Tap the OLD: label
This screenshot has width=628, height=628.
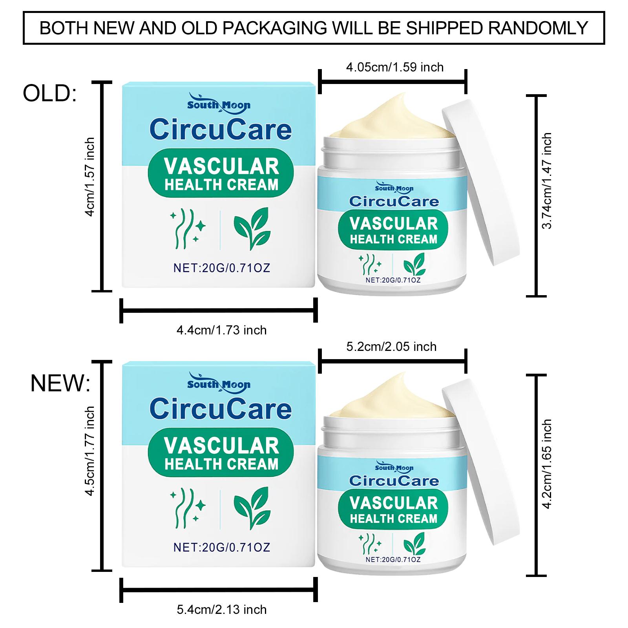pyautogui.click(x=50, y=94)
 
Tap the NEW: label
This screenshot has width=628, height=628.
pyautogui.click(x=60, y=383)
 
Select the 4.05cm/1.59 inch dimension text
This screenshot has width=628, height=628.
pyautogui.click(x=394, y=67)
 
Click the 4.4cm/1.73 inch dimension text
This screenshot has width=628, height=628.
pyautogui.click(x=221, y=330)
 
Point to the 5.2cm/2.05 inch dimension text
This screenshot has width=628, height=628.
pyautogui.click(x=391, y=347)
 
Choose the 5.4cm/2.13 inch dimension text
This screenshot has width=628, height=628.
pyautogui.click(x=221, y=610)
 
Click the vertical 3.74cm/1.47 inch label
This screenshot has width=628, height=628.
pyautogui.click(x=547, y=181)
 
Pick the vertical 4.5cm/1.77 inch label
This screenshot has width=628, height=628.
pyautogui.click(x=90, y=451)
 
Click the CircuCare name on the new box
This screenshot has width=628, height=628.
pyautogui.click(x=221, y=409)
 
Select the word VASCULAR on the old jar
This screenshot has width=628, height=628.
pyautogui.click(x=394, y=223)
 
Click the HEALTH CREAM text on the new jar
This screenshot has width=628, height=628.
pyautogui.click(x=394, y=518)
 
